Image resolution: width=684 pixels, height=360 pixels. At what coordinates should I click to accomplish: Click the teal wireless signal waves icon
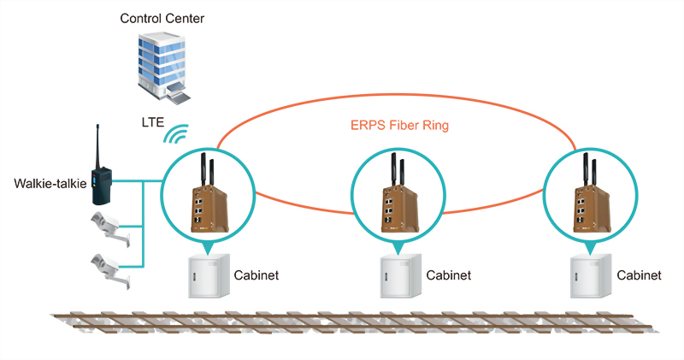click(178, 133)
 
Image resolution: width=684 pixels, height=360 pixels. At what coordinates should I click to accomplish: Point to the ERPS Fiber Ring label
click(400, 126)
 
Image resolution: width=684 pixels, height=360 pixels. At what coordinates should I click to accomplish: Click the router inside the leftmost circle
click(208, 201)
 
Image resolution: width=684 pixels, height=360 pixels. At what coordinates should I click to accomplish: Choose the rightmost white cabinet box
click(588, 276)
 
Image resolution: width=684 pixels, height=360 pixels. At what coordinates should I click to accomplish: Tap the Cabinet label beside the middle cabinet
click(448, 276)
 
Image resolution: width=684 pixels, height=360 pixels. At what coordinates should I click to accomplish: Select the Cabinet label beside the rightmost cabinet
click(639, 276)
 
